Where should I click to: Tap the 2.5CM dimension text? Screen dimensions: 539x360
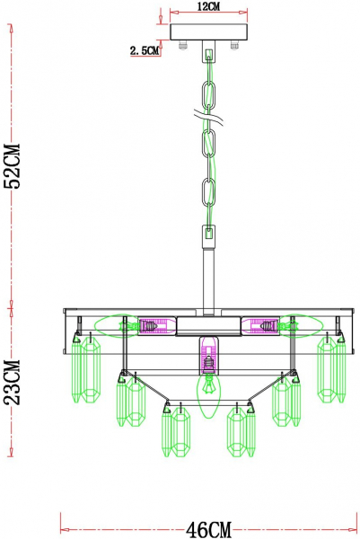tap(144, 51)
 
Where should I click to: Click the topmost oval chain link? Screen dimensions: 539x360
tap(210, 95)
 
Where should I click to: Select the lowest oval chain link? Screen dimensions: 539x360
tap(210, 194)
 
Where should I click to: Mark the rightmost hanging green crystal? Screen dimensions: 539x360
tap(331, 374)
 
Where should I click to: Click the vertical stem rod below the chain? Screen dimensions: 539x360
tap(209, 274)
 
